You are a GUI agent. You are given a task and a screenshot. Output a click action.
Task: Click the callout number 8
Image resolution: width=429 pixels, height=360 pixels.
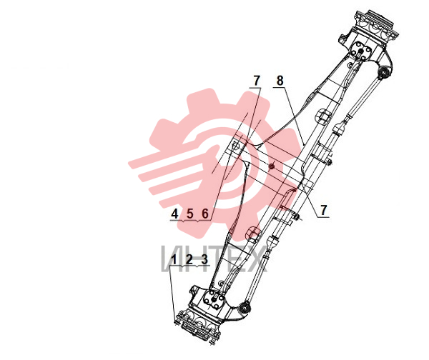pos(280,81)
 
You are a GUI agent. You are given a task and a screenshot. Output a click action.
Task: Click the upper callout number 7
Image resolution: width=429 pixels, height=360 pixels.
pos(256,81)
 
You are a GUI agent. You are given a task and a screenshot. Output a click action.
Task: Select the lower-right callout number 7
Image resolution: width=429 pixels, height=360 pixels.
pos(324,210)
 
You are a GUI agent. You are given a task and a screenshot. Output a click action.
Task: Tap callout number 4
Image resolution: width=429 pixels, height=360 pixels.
pos(174,214)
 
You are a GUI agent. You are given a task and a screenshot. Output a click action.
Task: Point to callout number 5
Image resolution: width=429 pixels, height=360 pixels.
pos(190,214)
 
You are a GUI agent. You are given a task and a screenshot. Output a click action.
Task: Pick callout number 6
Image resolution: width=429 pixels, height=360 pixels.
pos(205,214)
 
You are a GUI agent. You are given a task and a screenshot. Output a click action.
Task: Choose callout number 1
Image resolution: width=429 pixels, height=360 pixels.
pos(174,259)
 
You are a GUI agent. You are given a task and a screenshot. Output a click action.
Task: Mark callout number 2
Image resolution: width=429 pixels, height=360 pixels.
pos(189,259)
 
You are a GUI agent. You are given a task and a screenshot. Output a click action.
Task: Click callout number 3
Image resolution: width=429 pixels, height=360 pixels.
pos(204,259)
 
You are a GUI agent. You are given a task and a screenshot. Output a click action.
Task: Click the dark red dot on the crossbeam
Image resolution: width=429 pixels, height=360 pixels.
pos(271,166)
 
